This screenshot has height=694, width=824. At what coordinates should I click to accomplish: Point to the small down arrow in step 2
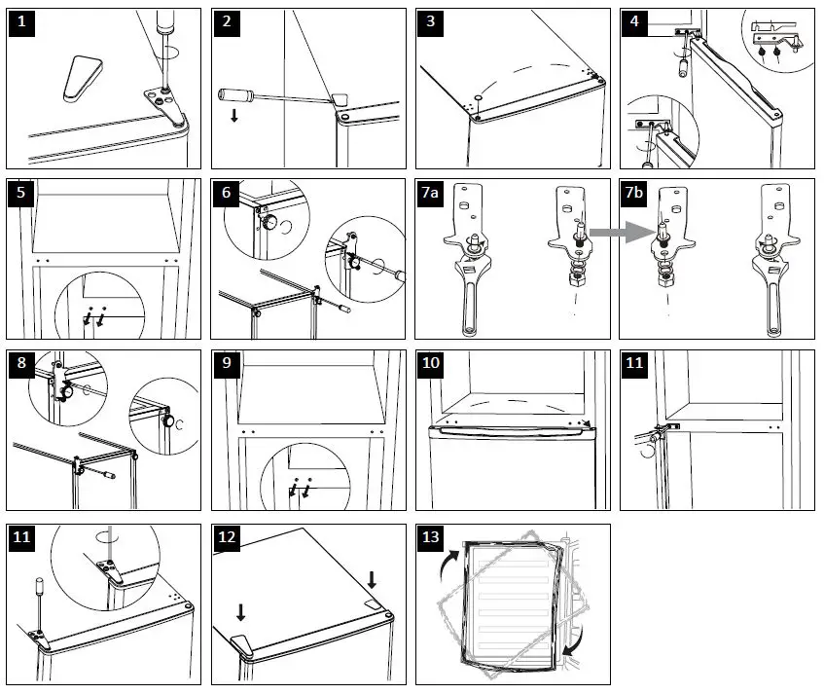234,116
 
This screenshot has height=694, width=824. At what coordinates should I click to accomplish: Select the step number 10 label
431,364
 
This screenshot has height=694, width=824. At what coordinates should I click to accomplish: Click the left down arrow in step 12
241,611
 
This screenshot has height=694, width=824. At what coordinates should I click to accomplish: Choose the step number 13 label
431,537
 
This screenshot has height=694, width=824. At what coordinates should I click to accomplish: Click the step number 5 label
21,193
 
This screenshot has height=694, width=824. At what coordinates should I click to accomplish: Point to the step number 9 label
226,364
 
